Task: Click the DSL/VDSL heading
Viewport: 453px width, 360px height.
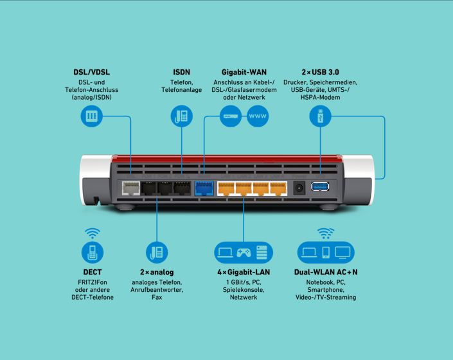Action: coord(92,72)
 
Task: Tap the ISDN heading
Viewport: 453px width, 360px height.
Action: coord(181,72)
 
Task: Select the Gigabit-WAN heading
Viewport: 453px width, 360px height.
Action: coord(244,72)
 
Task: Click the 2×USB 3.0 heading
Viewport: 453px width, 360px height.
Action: coord(320,72)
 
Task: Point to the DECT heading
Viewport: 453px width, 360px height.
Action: coord(93,272)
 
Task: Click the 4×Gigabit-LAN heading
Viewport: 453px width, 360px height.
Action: coord(244,272)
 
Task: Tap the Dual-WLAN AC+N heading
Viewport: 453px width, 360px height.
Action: coord(326,272)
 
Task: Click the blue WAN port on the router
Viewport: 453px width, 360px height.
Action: coord(204,188)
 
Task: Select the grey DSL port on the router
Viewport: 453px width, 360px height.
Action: coord(130,188)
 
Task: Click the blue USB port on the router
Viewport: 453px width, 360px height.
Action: coord(320,186)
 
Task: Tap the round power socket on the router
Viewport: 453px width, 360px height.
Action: coord(299,188)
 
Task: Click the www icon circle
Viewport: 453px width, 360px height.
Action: coord(258,116)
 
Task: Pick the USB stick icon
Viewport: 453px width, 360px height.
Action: coord(320,116)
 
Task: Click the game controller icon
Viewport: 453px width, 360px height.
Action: coord(244,253)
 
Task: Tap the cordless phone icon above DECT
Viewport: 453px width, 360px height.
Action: coord(93,252)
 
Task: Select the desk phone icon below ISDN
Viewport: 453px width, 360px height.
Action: coord(181,116)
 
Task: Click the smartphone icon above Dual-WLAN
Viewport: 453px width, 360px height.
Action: coord(326,253)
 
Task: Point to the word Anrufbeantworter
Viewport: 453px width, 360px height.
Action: coord(157,290)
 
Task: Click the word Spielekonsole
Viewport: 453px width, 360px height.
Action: coord(244,290)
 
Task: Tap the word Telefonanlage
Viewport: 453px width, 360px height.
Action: coord(181,90)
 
